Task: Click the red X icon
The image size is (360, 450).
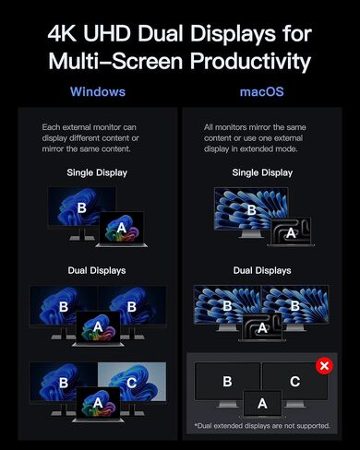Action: pos(324,366)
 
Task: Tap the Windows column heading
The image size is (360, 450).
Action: pos(98,91)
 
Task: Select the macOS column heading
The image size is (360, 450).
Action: pos(262,91)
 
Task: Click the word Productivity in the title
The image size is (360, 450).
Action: pos(251,61)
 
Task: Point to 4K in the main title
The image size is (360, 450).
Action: pos(62,33)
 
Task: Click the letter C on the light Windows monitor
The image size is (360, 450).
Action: pos(132,383)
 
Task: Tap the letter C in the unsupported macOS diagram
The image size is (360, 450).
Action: pos(294,382)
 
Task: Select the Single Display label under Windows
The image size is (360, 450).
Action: pos(97,172)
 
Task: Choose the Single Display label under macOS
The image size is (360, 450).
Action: pos(262,172)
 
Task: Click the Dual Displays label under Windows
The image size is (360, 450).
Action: pos(97,270)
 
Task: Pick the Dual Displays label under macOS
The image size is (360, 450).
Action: pos(262,270)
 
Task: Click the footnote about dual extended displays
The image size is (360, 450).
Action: pos(262,426)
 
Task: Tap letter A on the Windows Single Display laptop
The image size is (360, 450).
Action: pos(122,228)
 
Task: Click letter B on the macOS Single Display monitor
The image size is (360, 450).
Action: pos(252,210)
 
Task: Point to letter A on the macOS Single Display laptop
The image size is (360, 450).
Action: pos(291,233)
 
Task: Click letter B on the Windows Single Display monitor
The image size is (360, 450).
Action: pos(82,208)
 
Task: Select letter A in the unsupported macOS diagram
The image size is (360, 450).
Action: pos(262,404)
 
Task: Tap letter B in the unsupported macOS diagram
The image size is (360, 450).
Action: pos(227,382)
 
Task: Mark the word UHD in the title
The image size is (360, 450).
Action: pos(107,33)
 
